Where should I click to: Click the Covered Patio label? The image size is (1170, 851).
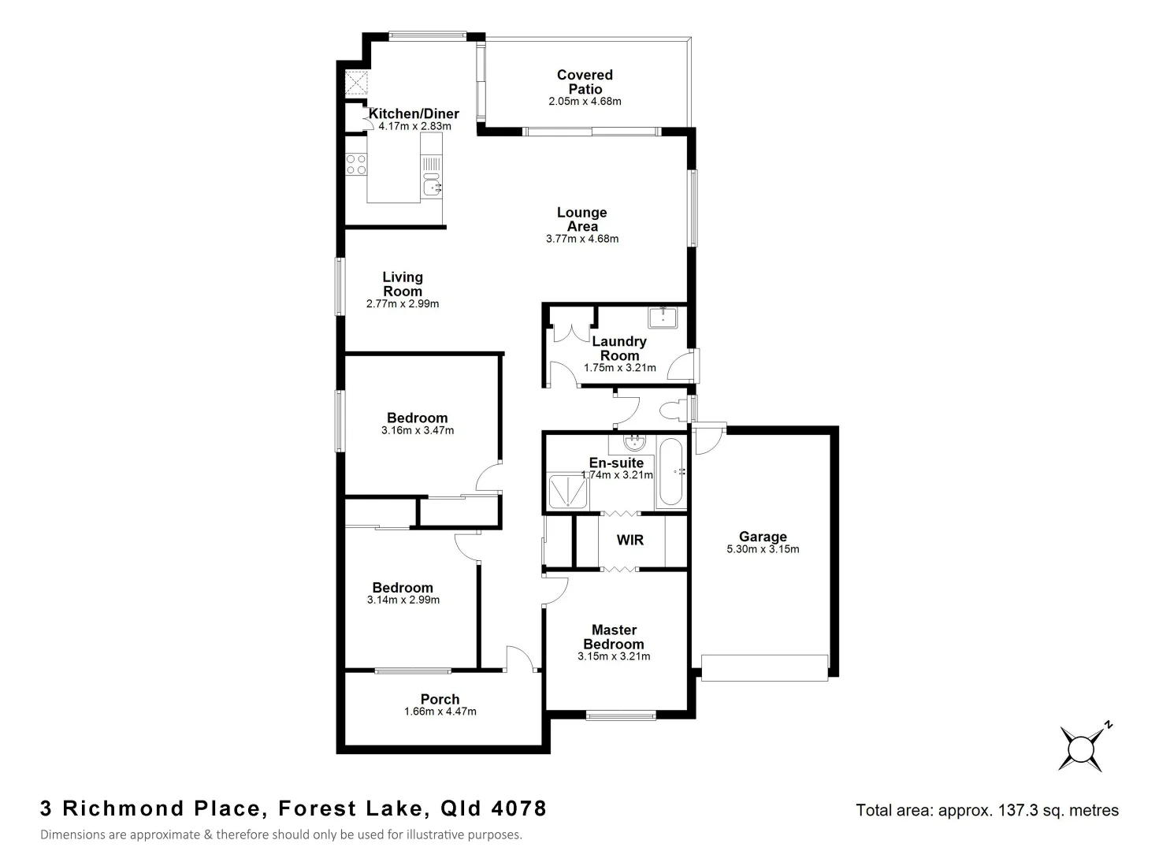(x=585, y=82)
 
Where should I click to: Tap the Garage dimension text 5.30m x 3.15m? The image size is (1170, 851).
(x=763, y=549)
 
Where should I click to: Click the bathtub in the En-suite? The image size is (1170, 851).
(x=672, y=472)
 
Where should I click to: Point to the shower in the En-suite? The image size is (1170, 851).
(x=567, y=490)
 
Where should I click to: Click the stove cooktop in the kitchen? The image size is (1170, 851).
(x=356, y=164)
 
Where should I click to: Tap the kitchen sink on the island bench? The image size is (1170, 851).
(x=431, y=188)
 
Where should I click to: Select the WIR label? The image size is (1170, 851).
(x=630, y=540)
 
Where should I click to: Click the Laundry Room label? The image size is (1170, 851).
(x=619, y=348)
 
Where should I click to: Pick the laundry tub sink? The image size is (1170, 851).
(x=666, y=318)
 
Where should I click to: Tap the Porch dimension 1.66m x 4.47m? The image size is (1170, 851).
(x=440, y=712)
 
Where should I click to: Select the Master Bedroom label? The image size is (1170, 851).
(x=614, y=637)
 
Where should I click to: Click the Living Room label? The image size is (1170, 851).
(x=403, y=284)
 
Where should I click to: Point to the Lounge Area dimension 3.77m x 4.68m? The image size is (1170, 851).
(x=582, y=239)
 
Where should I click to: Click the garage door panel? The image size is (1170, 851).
(x=764, y=667)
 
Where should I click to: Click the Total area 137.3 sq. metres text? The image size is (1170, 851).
(x=986, y=810)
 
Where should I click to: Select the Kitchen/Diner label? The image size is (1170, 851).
(x=414, y=113)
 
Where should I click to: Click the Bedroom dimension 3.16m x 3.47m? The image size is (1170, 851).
(x=418, y=431)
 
